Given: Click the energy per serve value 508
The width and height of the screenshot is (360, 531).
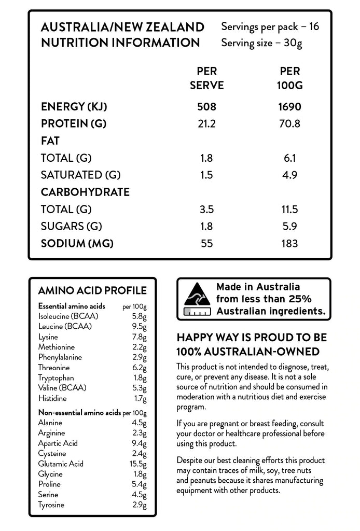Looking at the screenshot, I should (x=206, y=107).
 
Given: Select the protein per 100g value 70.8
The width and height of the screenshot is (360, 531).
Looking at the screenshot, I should (x=290, y=124).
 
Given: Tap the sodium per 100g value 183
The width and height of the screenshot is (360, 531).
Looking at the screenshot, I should (x=290, y=243).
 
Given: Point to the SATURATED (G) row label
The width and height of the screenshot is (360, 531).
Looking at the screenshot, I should (x=80, y=175).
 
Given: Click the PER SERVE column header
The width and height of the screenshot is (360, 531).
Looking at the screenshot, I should (x=206, y=78).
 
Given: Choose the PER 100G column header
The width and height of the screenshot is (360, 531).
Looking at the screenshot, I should (x=290, y=78).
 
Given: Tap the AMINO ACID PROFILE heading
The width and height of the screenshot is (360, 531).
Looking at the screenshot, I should (x=92, y=290).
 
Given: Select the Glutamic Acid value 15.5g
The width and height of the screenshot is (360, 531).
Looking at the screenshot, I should (x=137, y=464).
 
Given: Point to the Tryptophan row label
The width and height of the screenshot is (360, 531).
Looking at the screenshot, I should (x=56, y=378).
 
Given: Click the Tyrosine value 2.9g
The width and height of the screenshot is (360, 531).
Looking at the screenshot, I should (x=139, y=505).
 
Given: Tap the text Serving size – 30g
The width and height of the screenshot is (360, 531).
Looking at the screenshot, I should (x=261, y=43).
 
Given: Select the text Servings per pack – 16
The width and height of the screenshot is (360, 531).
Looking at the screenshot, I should (x=270, y=26).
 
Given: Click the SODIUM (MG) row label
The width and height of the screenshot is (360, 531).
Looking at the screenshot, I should (x=77, y=243).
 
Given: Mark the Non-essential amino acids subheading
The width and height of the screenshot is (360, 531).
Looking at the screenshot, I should (x=79, y=413).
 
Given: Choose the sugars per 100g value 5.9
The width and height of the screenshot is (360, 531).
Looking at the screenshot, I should (x=290, y=226).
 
